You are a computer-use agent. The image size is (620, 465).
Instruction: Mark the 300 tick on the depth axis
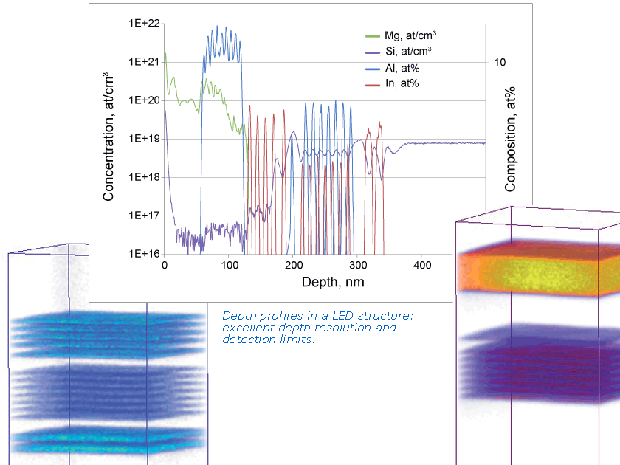357,265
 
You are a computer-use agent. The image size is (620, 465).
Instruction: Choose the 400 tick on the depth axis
421,265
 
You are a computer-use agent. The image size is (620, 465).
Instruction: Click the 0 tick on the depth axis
165,265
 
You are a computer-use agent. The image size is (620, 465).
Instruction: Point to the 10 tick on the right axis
500,62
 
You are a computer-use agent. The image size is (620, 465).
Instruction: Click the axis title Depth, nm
333,282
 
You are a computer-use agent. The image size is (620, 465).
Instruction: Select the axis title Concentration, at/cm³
108,137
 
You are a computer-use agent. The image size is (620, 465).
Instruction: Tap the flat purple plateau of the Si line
443,143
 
